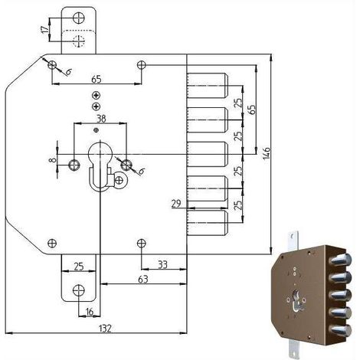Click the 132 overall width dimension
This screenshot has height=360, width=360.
pyautogui.click(x=105, y=328)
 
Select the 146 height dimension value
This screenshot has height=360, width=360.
pyautogui.click(x=267, y=153)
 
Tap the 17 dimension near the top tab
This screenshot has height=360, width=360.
pyautogui.click(x=45, y=29)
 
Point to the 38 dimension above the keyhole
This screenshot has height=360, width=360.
pyautogui.click(x=101, y=119)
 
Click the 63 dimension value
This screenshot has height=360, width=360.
pyautogui.click(x=143, y=280)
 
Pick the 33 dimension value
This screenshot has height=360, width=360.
pyautogui.click(x=162, y=264)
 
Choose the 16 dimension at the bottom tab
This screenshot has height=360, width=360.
pyautogui.click(x=90, y=312)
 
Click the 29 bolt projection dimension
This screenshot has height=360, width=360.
pyautogui.click(x=176, y=204)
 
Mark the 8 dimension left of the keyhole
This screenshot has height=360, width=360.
pyautogui.click(x=52, y=160)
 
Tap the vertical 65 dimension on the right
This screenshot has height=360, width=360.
pyautogui.click(x=251, y=110)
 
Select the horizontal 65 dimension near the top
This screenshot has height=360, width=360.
pyautogui.click(x=97, y=79)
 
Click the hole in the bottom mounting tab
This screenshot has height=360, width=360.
pyautogui.click(x=79, y=290)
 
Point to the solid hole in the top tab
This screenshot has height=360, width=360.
pyautogui.click(x=79, y=18)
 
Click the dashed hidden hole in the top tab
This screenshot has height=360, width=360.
pyautogui.click(x=79, y=41)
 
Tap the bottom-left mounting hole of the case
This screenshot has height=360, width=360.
pyautogui.click(x=52, y=243)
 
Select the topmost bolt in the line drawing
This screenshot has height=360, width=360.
pyautogui.click(x=207, y=86)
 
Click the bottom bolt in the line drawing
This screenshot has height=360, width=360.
pyautogui.click(x=207, y=223)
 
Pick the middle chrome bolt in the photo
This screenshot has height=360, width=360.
pyautogui.click(x=342, y=294)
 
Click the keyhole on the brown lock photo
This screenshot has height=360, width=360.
pyautogui.click(x=296, y=301)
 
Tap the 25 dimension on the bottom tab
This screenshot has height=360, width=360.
pyautogui.click(x=79, y=267)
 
